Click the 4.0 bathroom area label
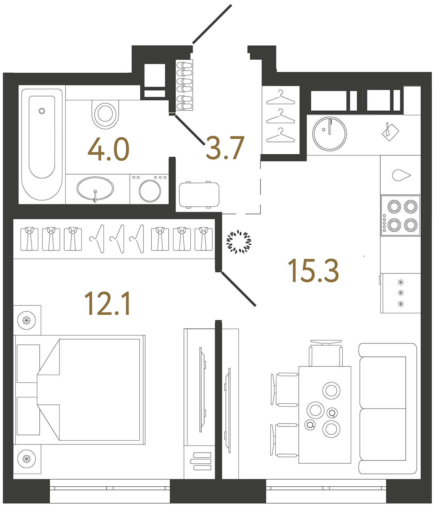click(x=108, y=149)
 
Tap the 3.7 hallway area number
click(x=225, y=148)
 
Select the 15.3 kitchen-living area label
click(x=313, y=271)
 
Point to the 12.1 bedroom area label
click(x=108, y=304)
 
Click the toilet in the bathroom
click(x=105, y=114)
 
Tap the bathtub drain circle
click(x=42, y=111)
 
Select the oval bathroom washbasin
click(x=95, y=188)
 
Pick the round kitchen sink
click(x=329, y=134)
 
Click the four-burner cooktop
click(x=400, y=215)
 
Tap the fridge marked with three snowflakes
click(x=401, y=293)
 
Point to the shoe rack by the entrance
click(x=185, y=85)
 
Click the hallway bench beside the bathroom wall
click(x=199, y=195)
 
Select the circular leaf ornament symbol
click(x=239, y=242)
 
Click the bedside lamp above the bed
click(x=27, y=320)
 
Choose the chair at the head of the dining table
click(x=326, y=353)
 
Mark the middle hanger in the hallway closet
click(x=280, y=116)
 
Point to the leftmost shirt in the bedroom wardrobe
click(x=29, y=239)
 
